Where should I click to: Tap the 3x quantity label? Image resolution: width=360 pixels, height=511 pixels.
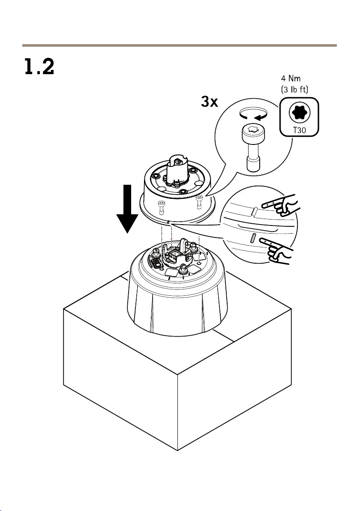click(210, 102)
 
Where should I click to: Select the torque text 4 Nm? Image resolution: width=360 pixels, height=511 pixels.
click(291, 78)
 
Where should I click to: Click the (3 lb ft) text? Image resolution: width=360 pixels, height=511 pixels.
click(294, 89)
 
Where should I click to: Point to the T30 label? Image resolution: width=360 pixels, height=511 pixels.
click(300, 130)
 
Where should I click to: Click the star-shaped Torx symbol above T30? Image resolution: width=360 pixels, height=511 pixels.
click(299, 113)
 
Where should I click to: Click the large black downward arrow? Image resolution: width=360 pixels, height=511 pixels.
click(127, 209)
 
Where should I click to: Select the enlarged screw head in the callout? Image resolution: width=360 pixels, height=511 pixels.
click(253, 132)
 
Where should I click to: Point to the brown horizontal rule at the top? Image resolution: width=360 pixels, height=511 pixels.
click(180, 45)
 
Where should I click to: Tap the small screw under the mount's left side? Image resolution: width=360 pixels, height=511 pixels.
click(161, 207)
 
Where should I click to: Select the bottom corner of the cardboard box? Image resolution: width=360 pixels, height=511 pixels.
click(177, 451)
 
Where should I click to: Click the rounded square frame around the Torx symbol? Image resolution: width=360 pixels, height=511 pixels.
click(299, 117)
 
